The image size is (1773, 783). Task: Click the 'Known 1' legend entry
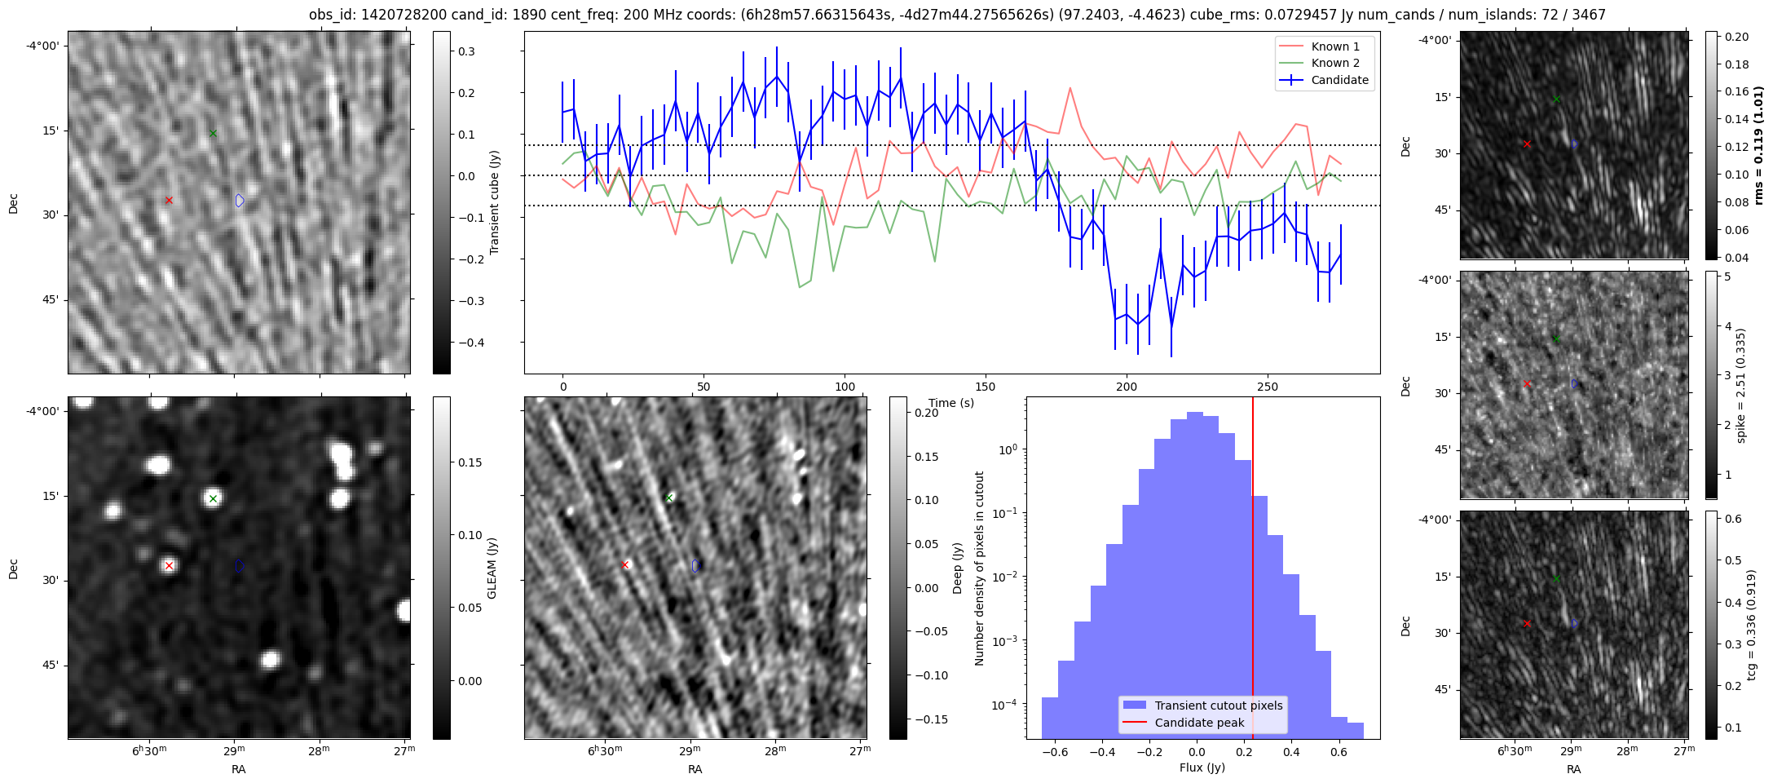[x=1334, y=46]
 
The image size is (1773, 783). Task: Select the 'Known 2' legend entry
[x=1334, y=63]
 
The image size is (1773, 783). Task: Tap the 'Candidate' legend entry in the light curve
[x=1339, y=80]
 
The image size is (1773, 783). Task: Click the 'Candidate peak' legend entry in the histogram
[x=1199, y=723]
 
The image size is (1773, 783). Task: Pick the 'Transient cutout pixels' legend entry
[x=1218, y=706]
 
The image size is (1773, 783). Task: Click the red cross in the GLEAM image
[x=169, y=565]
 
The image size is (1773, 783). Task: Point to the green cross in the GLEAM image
[x=213, y=498]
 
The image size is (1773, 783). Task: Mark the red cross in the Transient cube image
[x=169, y=200]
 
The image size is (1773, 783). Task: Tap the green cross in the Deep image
[x=669, y=498]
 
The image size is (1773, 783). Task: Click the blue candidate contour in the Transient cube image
[x=240, y=200]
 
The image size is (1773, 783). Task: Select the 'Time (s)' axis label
[x=950, y=403]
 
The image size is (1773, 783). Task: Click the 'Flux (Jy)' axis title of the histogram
[x=1202, y=768]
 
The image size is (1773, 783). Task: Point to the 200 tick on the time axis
[x=1127, y=387]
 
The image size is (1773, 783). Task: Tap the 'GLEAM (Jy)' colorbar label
[x=492, y=568]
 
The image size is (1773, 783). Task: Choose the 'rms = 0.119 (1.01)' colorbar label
[x=1759, y=145]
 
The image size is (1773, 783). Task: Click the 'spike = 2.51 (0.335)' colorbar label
[x=1741, y=385]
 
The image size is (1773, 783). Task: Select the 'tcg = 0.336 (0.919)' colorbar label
[x=1751, y=625]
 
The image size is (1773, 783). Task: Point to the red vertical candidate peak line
[x=1253, y=571]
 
